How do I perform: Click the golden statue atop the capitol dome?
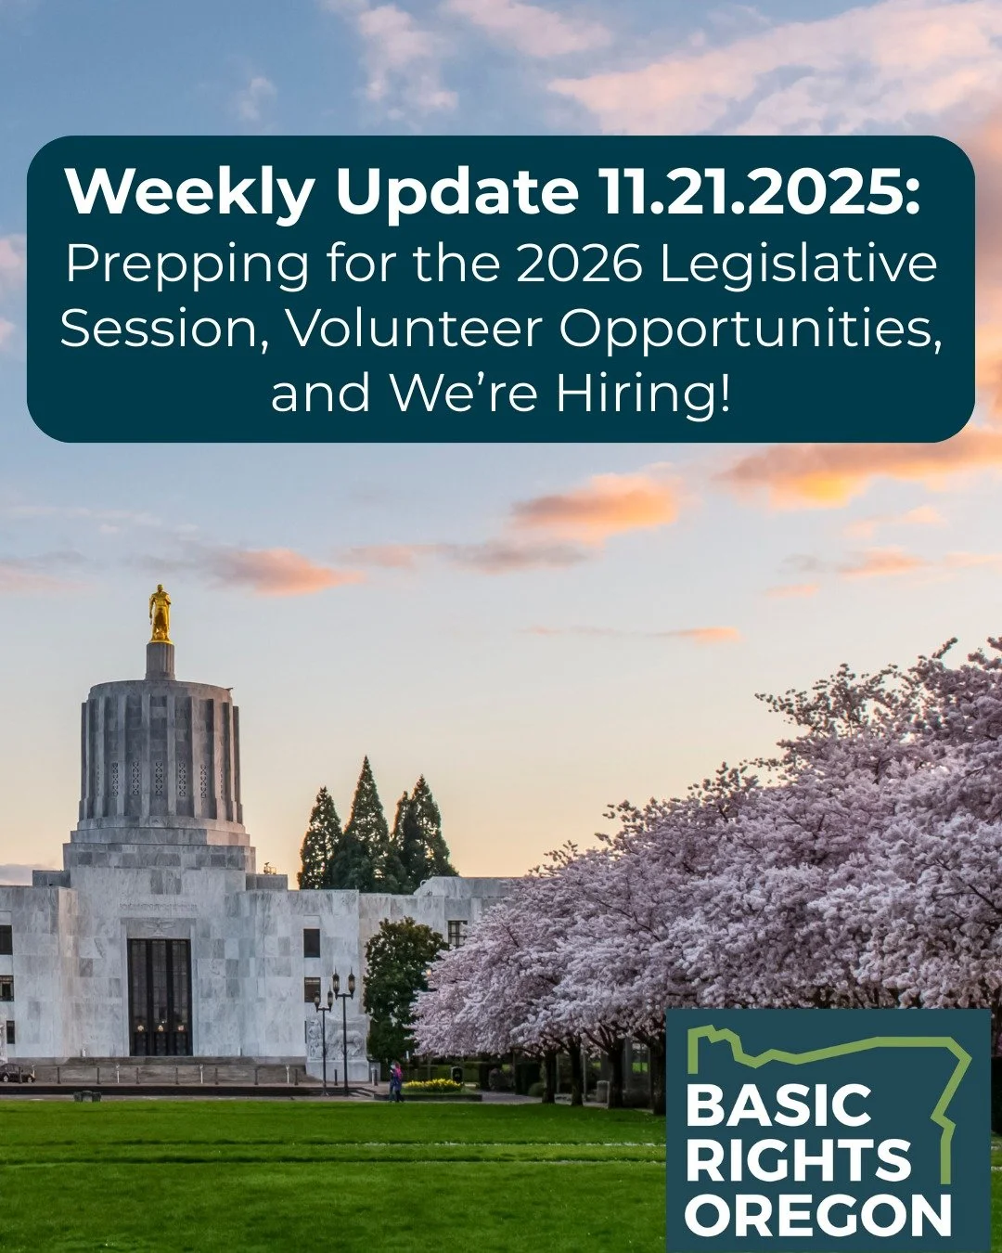(160, 614)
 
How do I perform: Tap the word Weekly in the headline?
(190, 193)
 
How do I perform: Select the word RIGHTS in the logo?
(798, 1160)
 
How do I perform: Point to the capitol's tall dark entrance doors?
(160, 996)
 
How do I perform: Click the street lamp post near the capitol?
(344, 1030)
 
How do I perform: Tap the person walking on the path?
(396, 1082)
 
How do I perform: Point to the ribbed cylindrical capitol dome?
(160, 752)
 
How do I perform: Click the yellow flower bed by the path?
(432, 1084)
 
